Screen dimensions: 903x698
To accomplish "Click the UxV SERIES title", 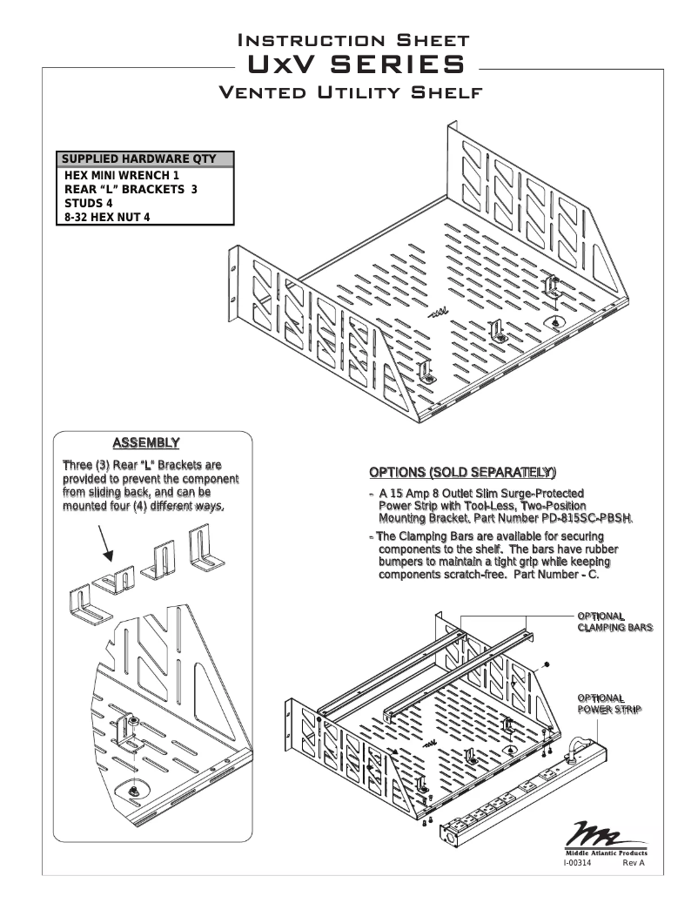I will pos(348,66).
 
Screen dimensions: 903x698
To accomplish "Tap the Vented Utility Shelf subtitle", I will pos(348,93).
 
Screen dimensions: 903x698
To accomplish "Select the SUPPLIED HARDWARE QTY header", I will pos(146,159).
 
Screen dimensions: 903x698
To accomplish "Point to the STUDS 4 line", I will pos(89,203).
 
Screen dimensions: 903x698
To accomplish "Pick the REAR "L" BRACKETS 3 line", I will pos(131,189).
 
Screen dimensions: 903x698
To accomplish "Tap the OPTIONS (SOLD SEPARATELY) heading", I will pos(461,473).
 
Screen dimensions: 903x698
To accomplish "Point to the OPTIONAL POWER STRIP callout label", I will pos(609,704).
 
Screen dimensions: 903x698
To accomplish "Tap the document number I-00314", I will pos(578,862).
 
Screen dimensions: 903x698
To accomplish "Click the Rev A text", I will pos(634,862).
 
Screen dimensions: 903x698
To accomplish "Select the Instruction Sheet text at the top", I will pos(348,40).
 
